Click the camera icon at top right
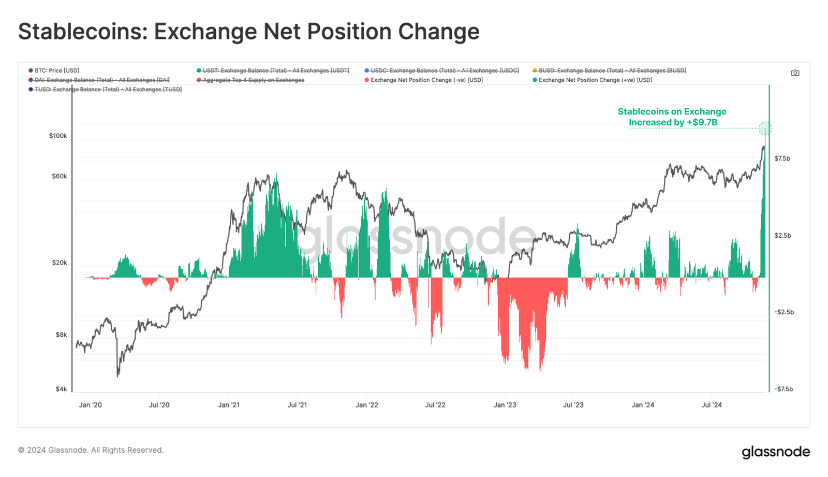click(x=795, y=73)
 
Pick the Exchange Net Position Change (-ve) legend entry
click(x=426, y=80)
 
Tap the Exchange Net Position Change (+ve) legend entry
click(x=595, y=80)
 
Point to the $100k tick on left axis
click(x=58, y=136)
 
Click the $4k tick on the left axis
click(x=61, y=389)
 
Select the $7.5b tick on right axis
click(x=782, y=158)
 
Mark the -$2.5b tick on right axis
click(x=783, y=312)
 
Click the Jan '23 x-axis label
click(x=505, y=405)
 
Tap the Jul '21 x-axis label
click(x=297, y=405)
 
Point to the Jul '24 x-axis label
click(x=712, y=405)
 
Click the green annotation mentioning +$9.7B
click(x=672, y=117)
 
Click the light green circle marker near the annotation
click(x=765, y=128)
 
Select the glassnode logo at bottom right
click(x=775, y=452)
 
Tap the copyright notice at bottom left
click(x=91, y=450)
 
